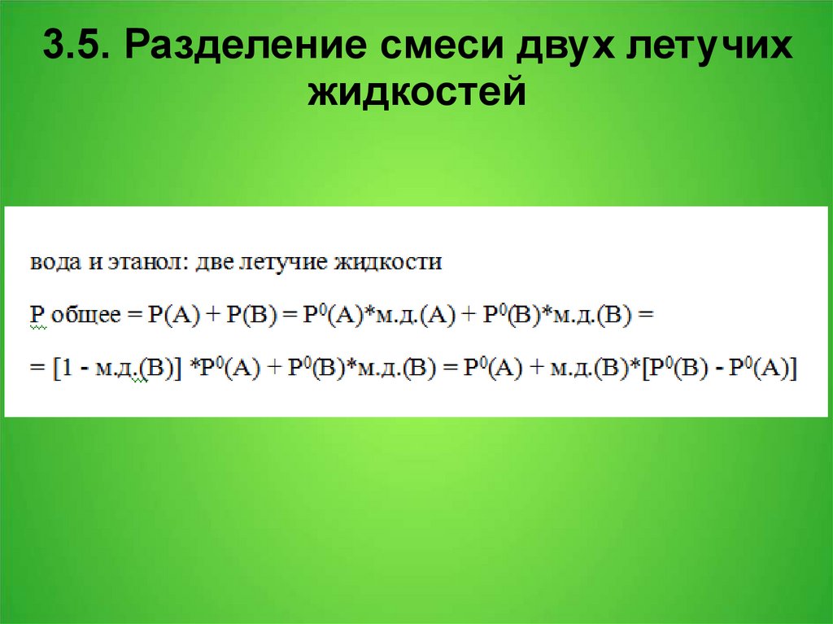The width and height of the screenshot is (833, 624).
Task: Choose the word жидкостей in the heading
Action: [x=416, y=91]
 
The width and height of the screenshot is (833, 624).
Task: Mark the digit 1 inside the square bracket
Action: [x=62, y=369]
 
